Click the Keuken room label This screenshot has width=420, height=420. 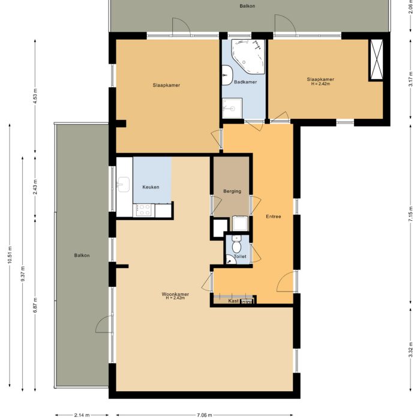pyautogui.click(x=151, y=188)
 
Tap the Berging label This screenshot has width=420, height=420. pyautogui.click(x=232, y=191)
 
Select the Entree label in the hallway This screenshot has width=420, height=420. pyautogui.click(x=274, y=217)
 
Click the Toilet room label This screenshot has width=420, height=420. pyautogui.click(x=240, y=256)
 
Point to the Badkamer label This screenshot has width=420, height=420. pyautogui.click(x=245, y=82)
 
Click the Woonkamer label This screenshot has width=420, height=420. pyautogui.click(x=175, y=295)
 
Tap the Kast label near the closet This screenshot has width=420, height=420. pyautogui.click(x=233, y=301)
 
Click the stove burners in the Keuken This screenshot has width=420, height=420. pyautogui.click(x=145, y=209)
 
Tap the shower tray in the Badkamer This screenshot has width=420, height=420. pyautogui.click(x=231, y=107)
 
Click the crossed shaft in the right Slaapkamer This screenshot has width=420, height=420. pyautogui.click(x=377, y=59)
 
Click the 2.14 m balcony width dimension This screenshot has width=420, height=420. pyautogui.click(x=82, y=415)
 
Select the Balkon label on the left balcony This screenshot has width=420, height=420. pyautogui.click(x=82, y=256)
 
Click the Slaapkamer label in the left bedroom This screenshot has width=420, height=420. pyautogui.click(x=166, y=85)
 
